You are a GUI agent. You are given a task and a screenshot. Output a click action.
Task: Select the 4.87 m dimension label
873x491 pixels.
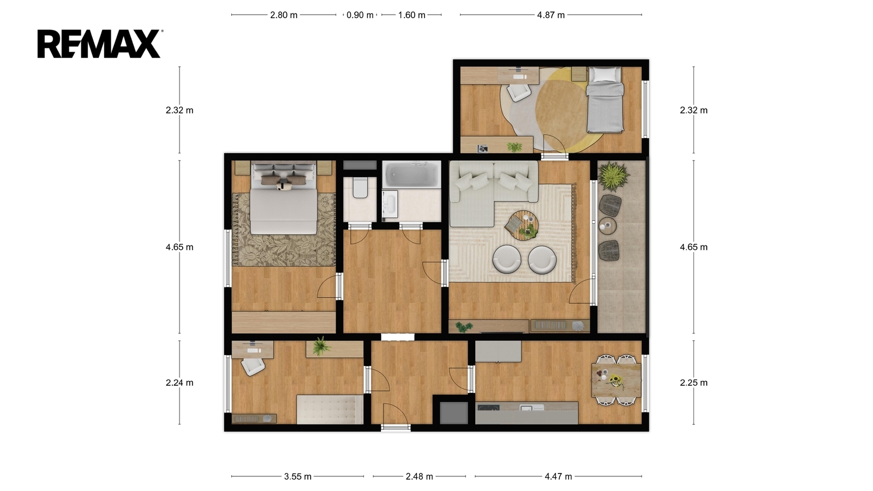point(551,15)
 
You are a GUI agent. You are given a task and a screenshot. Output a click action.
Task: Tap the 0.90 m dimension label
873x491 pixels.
point(360,15)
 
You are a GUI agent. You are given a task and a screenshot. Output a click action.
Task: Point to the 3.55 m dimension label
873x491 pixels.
point(298,476)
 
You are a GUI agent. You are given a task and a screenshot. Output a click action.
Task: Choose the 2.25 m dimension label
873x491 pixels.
point(693,382)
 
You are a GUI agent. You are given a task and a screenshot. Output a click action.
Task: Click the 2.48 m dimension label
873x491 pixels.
point(420,476)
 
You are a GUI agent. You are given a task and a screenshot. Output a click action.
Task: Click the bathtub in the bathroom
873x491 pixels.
point(411,175)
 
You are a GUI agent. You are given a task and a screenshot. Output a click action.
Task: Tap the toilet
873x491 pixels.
point(360,188)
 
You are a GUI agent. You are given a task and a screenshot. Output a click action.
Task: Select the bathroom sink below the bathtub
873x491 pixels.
point(390,204)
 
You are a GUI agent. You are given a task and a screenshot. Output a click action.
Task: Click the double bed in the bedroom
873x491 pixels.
point(283,197)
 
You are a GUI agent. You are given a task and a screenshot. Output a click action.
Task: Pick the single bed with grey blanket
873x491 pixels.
point(605,99)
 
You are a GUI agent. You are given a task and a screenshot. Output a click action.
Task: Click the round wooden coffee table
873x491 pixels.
point(522,225)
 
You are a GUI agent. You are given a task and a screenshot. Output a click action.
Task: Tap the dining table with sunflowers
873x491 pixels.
point(616,380)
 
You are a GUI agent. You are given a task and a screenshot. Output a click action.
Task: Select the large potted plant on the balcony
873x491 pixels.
point(613,176)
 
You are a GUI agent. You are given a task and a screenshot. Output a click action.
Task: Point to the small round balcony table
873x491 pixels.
point(608,226)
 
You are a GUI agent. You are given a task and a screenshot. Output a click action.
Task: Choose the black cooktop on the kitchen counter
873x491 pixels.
point(489,408)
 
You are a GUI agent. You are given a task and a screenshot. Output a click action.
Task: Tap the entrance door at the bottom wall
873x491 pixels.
point(396,428)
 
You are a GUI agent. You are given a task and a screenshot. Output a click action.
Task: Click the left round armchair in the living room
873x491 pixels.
point(506,259)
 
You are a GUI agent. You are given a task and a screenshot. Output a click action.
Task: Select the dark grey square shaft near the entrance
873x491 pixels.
point(453,413)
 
